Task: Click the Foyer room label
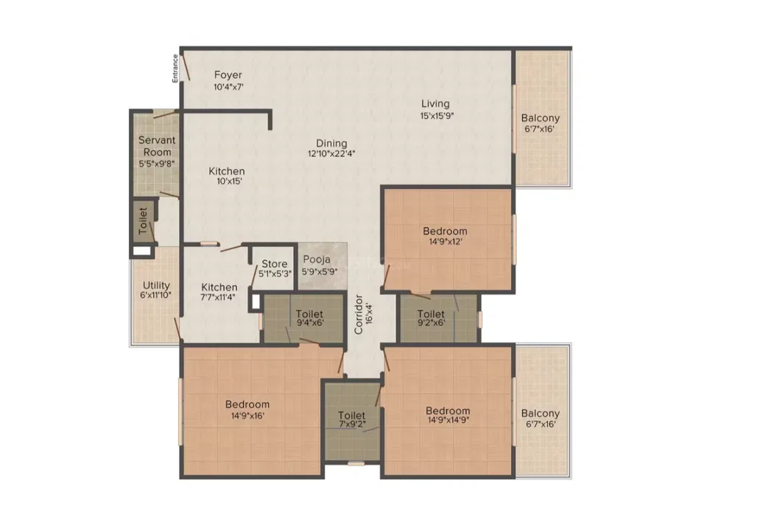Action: click(228, 75)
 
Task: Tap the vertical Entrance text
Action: click(175, 68)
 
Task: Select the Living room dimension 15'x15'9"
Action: click(437, 116)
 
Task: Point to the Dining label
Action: click(331, 143)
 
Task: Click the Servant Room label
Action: click(157, 146)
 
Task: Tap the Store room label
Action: click(274, 264)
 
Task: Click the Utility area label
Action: click(156, 285)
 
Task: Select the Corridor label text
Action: click(358, 314)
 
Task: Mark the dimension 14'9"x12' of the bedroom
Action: click(445, 241)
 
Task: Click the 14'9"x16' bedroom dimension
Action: click(247, 415)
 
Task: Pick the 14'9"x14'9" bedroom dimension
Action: click(448, 420)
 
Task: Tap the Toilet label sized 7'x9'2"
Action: click(351, 415)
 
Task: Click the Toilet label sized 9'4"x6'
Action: click(309, 314)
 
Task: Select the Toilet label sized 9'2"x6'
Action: click(431, 314)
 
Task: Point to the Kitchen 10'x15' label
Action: click(226, 171)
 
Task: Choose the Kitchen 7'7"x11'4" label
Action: click(219, 287)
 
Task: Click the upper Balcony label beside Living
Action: click(541, 118)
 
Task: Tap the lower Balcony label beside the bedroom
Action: click(541, 414)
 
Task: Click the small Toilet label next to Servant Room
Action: click(143, 221)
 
